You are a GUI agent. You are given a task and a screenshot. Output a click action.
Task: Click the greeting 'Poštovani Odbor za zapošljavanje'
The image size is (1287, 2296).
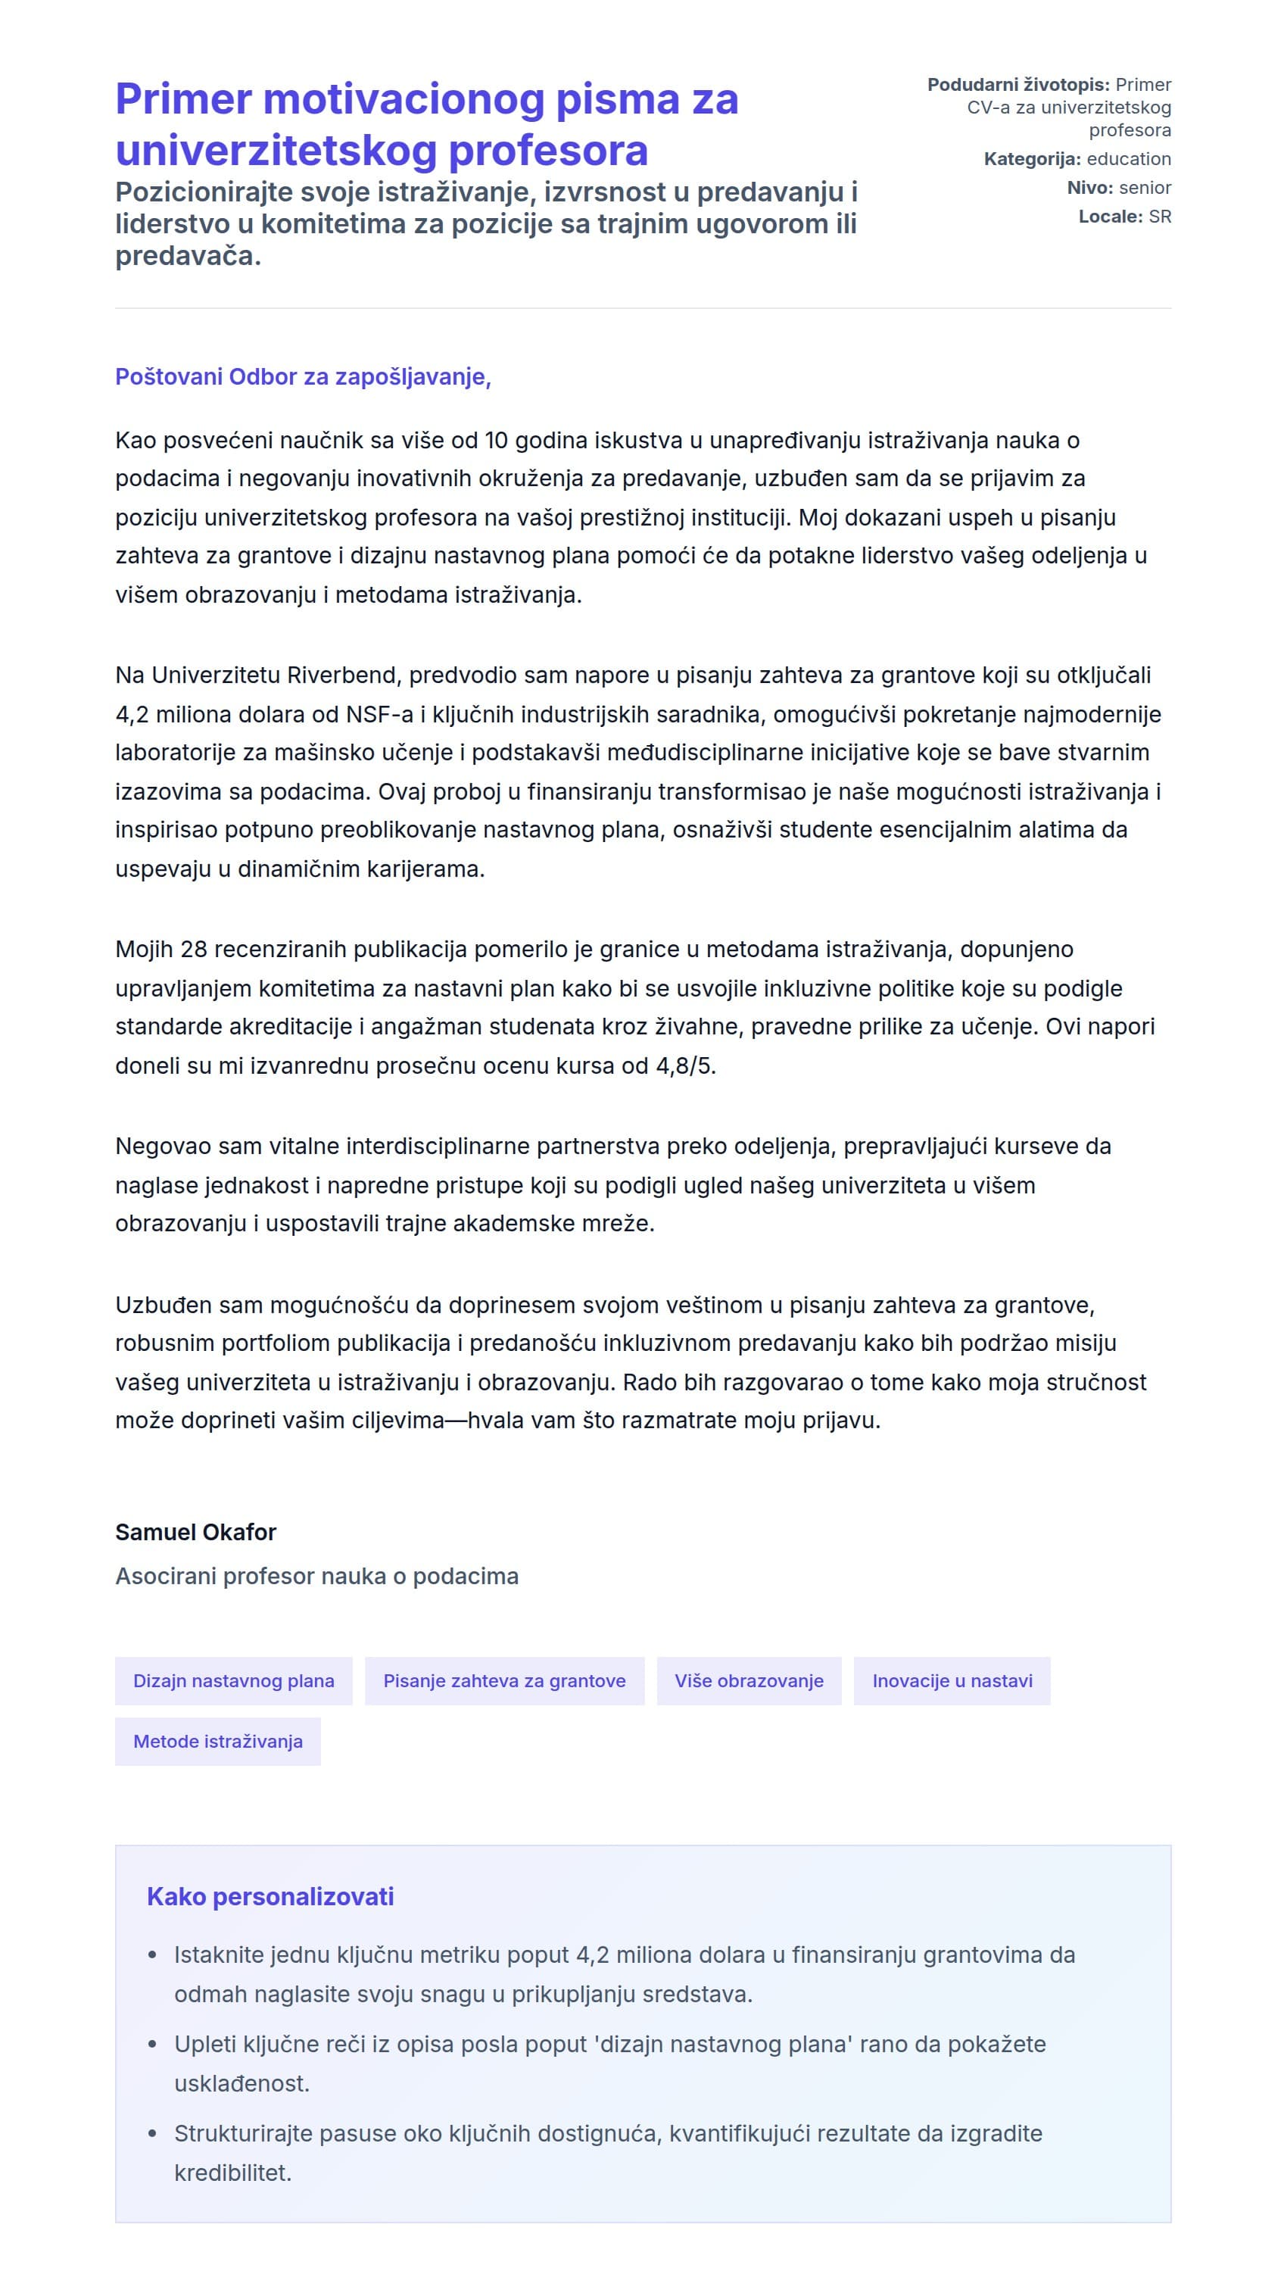point(302,376)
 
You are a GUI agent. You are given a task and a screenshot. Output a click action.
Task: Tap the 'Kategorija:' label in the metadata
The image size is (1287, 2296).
point(1031,159)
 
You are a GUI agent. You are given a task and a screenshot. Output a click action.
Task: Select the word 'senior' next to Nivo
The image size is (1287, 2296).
point(1145,187)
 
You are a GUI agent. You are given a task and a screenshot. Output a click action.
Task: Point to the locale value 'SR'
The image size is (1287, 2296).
point(1160,216)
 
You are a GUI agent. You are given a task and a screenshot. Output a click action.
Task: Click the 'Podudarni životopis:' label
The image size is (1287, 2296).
point(1017,85)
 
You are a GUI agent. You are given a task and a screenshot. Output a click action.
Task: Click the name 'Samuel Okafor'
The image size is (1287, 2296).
point(195,1531)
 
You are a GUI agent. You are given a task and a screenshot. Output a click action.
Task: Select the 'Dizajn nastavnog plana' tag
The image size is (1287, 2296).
point(233,1680)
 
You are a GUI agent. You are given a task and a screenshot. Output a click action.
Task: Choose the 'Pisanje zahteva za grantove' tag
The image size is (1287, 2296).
point(503,1680)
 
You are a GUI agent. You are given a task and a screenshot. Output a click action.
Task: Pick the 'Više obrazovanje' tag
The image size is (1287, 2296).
point(748,1680)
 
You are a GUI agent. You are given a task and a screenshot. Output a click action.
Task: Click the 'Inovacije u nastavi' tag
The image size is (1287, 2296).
point(951,1680)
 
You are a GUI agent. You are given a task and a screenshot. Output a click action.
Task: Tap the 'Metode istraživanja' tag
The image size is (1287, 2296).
point(217,1741)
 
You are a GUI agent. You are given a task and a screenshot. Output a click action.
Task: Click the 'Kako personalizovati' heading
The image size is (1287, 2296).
point(270,1896)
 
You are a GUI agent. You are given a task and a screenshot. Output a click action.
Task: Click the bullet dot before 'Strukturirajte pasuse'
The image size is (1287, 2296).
point(152,2133)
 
